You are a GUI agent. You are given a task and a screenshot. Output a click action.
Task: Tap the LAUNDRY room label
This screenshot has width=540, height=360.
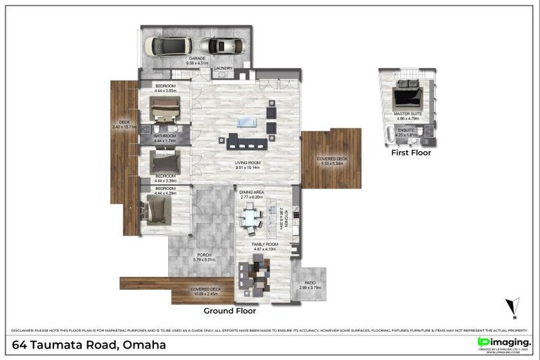[224, 68]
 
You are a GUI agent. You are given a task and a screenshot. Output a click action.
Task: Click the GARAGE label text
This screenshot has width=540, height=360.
[194, 59]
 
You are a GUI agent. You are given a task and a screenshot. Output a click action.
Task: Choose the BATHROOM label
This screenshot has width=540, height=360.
[165, 136]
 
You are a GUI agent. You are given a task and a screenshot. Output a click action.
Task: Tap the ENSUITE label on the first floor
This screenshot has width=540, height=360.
[406, 130]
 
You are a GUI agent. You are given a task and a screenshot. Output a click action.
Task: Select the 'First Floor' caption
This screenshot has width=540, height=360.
[411, 152]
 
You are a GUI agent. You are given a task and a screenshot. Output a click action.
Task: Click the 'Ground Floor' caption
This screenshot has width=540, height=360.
[230, 310]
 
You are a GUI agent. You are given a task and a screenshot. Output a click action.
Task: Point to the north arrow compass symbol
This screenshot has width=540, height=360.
[515, 307]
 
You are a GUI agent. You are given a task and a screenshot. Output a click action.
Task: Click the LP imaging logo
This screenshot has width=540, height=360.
[503, 343]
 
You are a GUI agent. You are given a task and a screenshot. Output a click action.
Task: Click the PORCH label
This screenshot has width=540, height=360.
[204, 255]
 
